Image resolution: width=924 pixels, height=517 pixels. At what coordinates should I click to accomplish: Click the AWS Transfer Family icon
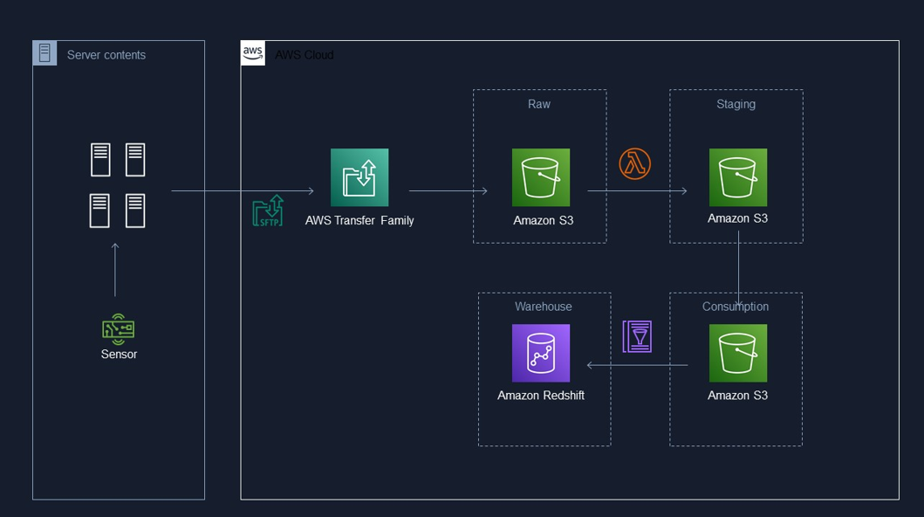[359, 177]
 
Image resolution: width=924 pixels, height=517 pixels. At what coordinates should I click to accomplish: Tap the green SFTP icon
[268, 211]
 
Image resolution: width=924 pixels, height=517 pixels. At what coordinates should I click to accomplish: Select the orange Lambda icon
[634, 163]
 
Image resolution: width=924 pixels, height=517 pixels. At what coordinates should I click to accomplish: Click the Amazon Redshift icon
[541, 353]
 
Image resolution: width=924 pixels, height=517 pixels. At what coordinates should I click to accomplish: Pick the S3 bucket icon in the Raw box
[541, 177]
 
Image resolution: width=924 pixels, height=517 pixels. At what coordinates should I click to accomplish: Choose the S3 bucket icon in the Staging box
[738, 177]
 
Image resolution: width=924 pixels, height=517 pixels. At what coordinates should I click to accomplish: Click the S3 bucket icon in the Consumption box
[738, 353]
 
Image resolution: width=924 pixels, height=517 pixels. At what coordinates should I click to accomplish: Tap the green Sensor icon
[118, 329]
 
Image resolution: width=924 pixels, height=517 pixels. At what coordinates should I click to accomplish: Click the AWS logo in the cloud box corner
[253, 52]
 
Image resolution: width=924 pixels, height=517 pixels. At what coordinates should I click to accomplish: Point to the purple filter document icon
[637, 336]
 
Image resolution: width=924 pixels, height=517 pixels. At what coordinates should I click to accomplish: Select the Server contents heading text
[106, 55]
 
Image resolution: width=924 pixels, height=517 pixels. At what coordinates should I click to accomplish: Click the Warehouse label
[544, 307]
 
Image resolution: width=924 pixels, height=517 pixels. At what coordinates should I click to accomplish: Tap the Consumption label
[736, 307]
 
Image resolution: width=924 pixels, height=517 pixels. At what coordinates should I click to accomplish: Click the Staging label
[736, 104]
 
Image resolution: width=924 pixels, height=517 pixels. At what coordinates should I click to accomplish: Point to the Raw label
[539, 104]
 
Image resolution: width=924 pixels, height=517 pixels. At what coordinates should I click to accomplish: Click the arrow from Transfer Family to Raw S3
[448, 190]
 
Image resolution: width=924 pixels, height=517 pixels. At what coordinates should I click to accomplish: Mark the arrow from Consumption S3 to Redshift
[637, 365]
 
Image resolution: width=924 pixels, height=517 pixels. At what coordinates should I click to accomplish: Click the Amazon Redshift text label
[541, 396]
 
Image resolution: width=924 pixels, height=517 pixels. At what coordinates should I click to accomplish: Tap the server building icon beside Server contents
[44, 53]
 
